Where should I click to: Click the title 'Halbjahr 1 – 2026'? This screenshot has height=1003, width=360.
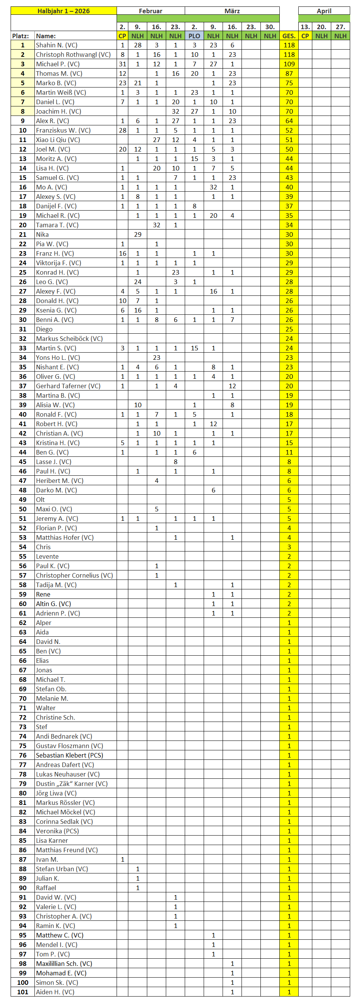(x=64, y=11)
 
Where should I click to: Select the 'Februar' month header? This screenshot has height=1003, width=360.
(x=151, y=11)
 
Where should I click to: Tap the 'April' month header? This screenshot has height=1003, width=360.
(x=324, y=11)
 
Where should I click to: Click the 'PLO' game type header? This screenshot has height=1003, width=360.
(x=194, y=36)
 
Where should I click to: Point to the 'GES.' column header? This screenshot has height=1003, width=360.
(x=289, y=36)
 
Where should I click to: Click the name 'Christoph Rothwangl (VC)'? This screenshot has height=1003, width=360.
(x=73, y=55)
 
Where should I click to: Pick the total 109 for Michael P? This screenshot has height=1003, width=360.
(x=289, y=64)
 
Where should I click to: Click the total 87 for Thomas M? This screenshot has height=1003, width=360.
(x=289, y=73)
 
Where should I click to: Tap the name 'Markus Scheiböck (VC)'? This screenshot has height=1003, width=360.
(x=69, y=339)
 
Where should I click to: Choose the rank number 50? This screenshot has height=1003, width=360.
(x=23, y=509)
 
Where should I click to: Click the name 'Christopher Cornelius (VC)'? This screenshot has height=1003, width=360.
(x=74, y=575)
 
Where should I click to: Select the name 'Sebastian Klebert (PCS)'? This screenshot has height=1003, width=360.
(x=69, y=755)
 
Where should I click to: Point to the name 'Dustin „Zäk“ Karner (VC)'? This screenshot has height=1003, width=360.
(x=72, y=784)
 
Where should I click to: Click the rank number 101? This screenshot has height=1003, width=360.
(x=23, y=992)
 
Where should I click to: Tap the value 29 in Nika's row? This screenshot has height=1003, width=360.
(x=137, y=234)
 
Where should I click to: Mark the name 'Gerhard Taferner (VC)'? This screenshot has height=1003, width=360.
(x=68, y=386)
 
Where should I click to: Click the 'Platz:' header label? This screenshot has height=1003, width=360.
(x=20, y=36)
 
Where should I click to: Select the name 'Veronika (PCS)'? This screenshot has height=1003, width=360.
(x=57, y=831)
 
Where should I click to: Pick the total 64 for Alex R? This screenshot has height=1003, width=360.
(x=289, y=121)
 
